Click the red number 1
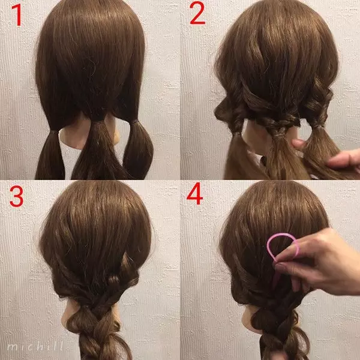17,14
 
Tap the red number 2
197,13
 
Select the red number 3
16,196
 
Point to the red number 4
194,193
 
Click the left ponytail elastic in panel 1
54,132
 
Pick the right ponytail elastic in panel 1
136,121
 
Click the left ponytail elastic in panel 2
236,134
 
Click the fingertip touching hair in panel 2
298,144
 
